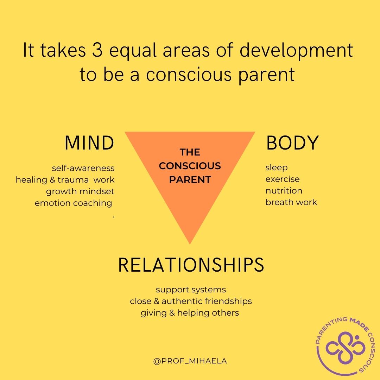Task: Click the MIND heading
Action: (89, 143)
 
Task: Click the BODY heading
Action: (292, 143)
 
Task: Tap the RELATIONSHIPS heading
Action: (191, 265)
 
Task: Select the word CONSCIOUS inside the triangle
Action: (190, 166)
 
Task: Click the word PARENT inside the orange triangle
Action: (190, 179)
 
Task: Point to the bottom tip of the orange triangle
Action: (190, 244)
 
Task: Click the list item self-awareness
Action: (83, 168)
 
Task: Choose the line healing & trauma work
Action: (65, 180)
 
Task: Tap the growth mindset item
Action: (80, 191)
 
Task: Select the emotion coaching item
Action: (74, 203)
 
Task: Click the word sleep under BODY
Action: (277, 168)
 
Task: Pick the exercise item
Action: (283, 179)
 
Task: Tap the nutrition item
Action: (284, 191)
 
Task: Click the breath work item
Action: (291, 202)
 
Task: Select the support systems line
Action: (191, 290)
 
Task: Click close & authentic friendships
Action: (191, 301)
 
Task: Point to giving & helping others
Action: (190, 313)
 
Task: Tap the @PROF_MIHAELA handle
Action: (190, 361)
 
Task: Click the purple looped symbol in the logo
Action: (346, 348)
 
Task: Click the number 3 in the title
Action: (97, 50)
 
